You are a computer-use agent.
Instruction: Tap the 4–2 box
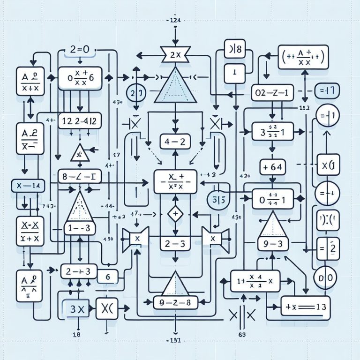(x=174, y=141)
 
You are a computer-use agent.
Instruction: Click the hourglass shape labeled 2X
(x=174, y=54)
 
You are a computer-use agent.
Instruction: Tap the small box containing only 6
(x=107, y=277)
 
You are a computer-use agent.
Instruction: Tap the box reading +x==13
(x=305, y=307)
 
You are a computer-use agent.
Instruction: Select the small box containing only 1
(x=234, y=73)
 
